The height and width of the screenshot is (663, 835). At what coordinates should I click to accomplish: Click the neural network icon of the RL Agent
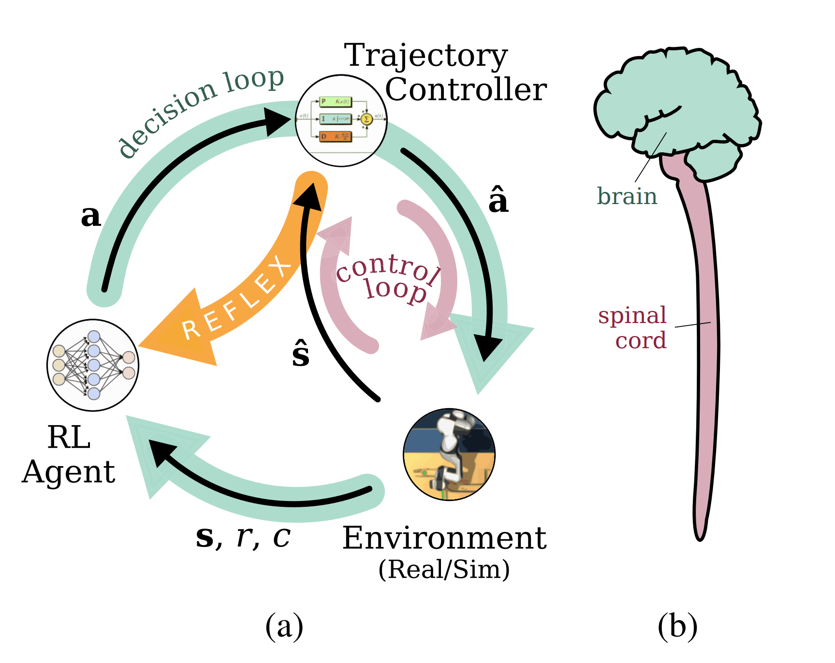coord(93,365)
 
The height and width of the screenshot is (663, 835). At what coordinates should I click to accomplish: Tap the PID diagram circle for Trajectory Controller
coord(341,120)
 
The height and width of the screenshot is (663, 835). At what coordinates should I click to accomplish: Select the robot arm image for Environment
coord(449,454)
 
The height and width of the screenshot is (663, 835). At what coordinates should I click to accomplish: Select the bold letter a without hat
coord(91,216)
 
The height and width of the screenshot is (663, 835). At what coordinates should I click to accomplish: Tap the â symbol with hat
coord(498,200)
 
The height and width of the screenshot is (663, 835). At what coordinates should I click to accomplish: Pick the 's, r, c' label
coord(243,537)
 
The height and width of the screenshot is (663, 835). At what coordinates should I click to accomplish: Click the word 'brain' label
coord(627,196)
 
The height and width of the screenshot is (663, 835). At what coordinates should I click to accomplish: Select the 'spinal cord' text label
coord(633,328)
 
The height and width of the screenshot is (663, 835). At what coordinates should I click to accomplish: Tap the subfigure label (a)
coord(284,626)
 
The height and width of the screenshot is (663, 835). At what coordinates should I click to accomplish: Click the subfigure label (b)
coord(677,626)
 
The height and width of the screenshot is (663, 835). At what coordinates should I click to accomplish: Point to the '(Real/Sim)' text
coord(444,569)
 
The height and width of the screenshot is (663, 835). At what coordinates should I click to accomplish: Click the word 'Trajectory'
coord(425,56)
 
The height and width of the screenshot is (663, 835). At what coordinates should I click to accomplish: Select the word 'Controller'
coord(466,90)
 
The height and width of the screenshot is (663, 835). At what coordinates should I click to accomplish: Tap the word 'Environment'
coord(444,538)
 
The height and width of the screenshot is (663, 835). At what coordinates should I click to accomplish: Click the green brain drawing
coord(677,106)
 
